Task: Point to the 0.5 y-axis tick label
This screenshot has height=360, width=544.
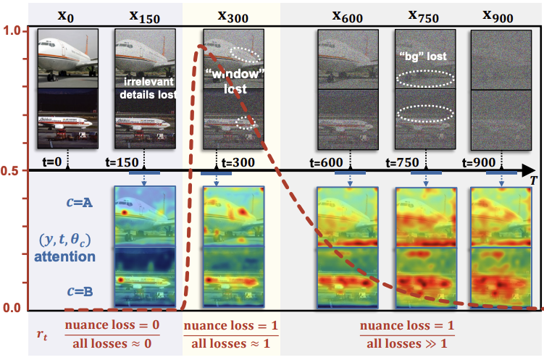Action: (12, 171)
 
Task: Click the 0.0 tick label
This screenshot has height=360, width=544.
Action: (12, 309)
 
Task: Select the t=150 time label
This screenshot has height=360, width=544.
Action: (120, 163)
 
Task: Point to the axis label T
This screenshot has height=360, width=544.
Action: (533, 178)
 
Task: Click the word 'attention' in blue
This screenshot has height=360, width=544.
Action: (65, 256)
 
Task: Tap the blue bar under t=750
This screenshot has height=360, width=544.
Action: (425, 173)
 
